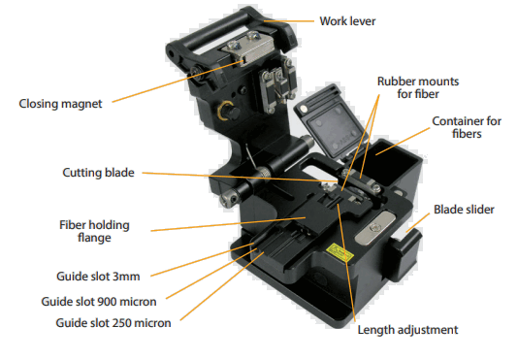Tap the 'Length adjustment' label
[407, 330]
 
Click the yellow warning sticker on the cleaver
[340, 250]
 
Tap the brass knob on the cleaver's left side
[225, 110]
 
